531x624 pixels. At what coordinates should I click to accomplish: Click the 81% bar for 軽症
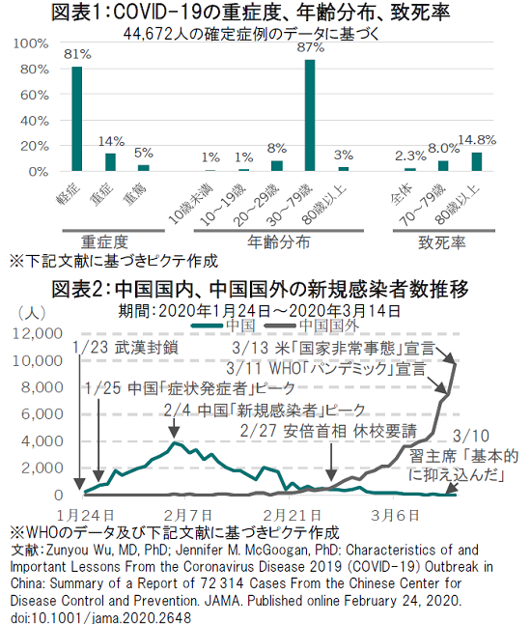point(77,119)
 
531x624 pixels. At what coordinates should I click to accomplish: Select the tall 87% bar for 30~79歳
point(310,115)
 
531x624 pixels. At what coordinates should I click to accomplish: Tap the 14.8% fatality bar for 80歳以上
point(477,162)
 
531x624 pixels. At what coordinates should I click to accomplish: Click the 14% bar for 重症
point(110,162)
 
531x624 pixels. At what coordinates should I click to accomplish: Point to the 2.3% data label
point(410,156)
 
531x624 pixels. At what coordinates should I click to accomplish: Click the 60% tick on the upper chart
point(35,95)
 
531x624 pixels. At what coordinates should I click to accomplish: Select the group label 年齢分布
point(278,241)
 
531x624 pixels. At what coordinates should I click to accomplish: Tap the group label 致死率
point(442,242)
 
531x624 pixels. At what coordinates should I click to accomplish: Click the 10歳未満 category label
point(191,204)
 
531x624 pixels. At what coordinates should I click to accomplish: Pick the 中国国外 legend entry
point(312,326)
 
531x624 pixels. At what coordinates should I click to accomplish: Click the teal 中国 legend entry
point(223,326)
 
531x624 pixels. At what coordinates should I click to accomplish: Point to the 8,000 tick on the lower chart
point(42,387)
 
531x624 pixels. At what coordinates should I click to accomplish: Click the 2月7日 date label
point(188,516)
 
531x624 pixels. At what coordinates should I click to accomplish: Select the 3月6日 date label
point(395,516)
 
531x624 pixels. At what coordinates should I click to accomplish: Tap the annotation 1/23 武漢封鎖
point(125,348)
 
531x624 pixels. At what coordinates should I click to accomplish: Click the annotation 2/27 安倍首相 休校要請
point(328,431)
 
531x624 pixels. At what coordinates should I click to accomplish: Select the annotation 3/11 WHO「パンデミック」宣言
point(326,369)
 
